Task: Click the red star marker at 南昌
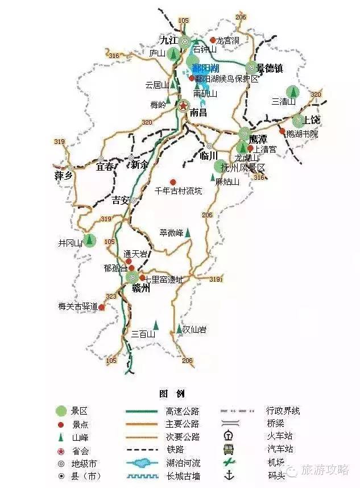[x=183, y=106]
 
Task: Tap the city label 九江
[x=169, y=40]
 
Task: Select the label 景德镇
[x=270, y=68]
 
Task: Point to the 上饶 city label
[x=312, y=120]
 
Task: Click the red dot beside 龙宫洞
[x=213, y=40]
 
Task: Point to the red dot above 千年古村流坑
[x=173, y=182]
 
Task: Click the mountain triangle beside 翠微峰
[x=187, y=233]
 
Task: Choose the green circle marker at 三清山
[x=292, y=91]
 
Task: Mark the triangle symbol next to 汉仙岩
[x=179, y=329]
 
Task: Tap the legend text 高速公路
[x=183, y=411]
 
